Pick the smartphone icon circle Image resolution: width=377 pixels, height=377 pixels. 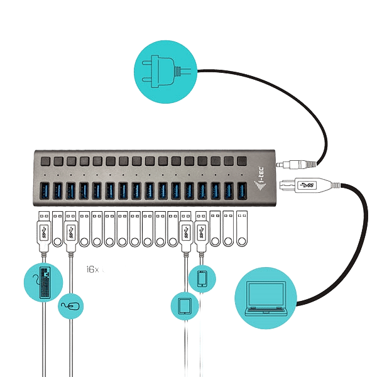202,278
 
